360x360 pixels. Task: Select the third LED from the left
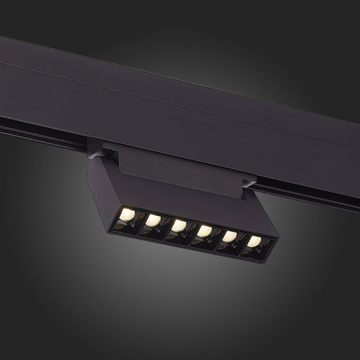coord(179,225)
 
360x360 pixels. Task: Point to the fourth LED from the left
coord(204,230)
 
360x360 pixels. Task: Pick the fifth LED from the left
coord(228,236)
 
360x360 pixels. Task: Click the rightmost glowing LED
coord(253,242)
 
